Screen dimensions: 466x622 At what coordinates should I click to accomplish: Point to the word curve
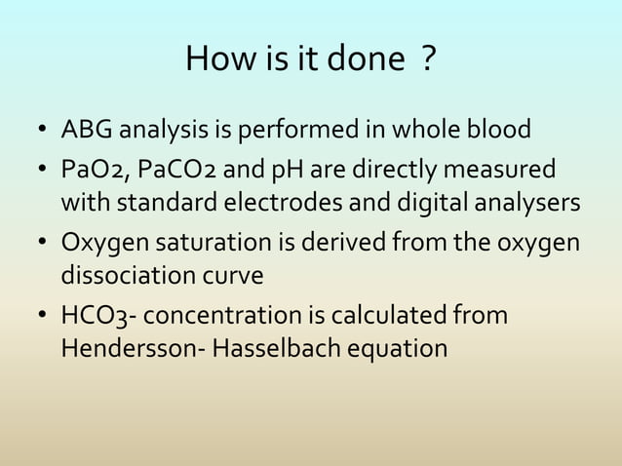pyautogui.click(x=234, y=276)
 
